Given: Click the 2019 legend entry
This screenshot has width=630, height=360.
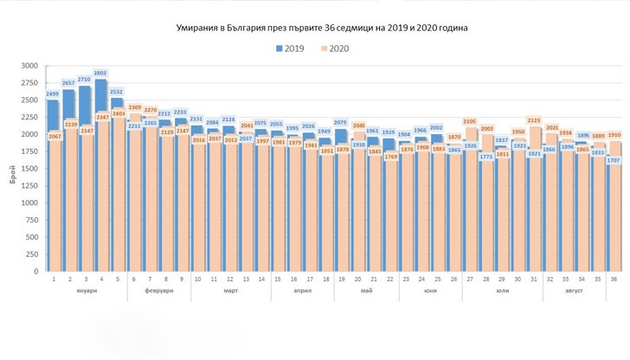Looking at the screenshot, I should (292, 49).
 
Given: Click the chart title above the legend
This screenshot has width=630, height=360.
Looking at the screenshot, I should (315, 28).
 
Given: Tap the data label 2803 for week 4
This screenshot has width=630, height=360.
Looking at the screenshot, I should (100, 74).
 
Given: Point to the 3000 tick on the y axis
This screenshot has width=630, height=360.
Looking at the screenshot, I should (30, 66).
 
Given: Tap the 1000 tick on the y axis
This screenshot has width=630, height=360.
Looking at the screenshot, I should (30, 202).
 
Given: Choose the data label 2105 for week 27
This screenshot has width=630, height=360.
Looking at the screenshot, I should (470, 122).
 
